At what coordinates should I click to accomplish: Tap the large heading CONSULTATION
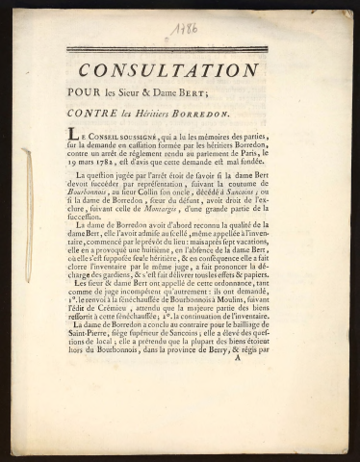168,70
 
